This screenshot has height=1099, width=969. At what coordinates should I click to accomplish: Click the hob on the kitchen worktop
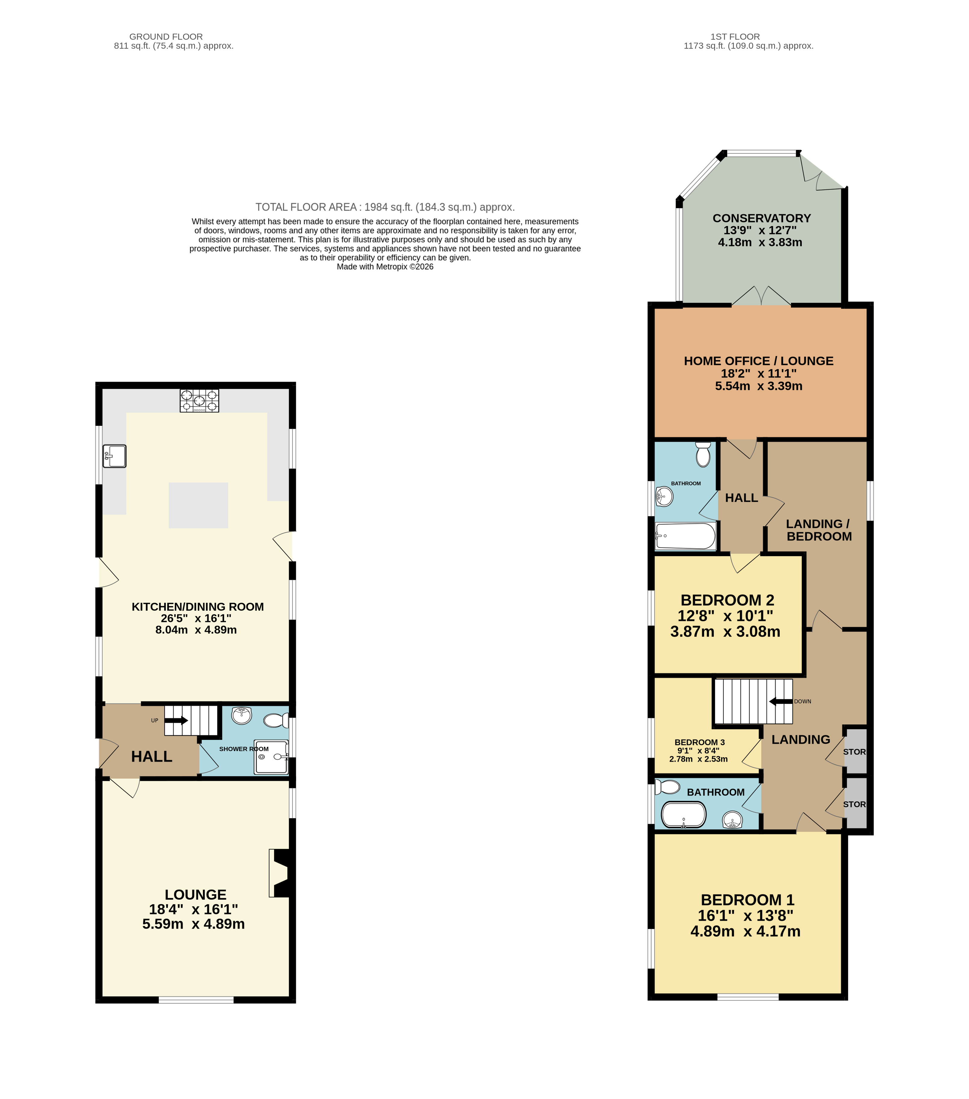point(199,401)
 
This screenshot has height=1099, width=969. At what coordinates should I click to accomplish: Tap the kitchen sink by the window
point(115,456)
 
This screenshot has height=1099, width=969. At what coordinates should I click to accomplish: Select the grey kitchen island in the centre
point(199,505)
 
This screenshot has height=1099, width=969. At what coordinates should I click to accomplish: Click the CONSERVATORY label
point(761,218)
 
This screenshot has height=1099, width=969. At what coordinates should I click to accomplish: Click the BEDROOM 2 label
point(727,600)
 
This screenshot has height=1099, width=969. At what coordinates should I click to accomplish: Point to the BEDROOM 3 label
point(699,742)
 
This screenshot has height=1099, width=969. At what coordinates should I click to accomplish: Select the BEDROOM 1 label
point(748,900)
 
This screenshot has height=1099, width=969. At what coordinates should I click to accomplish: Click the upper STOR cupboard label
point(854,752)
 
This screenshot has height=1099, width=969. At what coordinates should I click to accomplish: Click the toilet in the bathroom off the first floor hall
point(703,454)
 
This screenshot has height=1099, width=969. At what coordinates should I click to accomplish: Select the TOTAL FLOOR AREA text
point(385,207)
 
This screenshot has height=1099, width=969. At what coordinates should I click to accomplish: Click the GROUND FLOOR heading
point(166,37)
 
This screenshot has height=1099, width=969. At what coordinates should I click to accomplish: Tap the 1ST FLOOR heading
point(735,37)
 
